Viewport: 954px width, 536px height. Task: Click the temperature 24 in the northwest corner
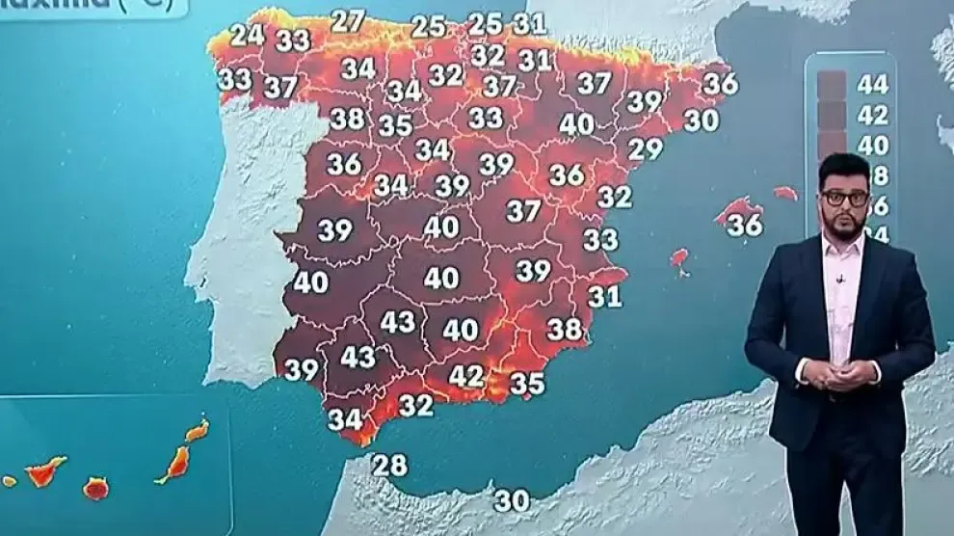[x=247, y=35]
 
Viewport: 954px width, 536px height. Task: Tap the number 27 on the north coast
[x=348, y=20]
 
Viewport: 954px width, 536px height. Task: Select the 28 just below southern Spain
[x=390, y=466]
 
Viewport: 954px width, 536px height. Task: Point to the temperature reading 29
[x=646, y=149]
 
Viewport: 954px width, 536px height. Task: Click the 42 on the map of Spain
[x=466, y=376]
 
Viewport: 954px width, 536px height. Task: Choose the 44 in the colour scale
[x=873, y=84]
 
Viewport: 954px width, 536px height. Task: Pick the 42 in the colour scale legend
[x=873, y=115]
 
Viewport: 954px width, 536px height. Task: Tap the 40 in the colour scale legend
[x=873, y=146]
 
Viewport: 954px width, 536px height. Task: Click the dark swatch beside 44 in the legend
[x=831, y=85]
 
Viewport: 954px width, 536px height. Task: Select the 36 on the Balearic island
[x=745, y=225]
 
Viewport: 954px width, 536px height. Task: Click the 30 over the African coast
[x=513, y=501]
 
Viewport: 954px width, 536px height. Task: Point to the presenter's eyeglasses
[x=845, y=198]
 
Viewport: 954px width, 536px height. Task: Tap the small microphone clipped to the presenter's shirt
[x=839, y=280]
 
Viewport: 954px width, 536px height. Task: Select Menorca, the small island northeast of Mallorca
[x=785, y=193]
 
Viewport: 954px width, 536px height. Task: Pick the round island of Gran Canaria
[x=95, y=489]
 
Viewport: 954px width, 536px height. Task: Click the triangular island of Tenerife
[x=44, y=472]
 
